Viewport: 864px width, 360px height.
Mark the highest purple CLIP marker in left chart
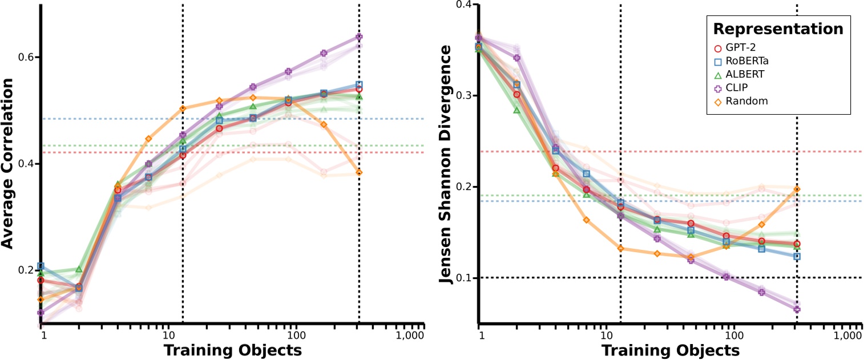click(359, 37)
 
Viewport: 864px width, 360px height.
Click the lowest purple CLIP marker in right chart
click(797, 310)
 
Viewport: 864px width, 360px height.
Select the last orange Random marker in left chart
click(359, 172)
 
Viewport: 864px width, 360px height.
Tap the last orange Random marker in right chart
click(797, 189)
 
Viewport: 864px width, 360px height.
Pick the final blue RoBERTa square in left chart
click(359, 84)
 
